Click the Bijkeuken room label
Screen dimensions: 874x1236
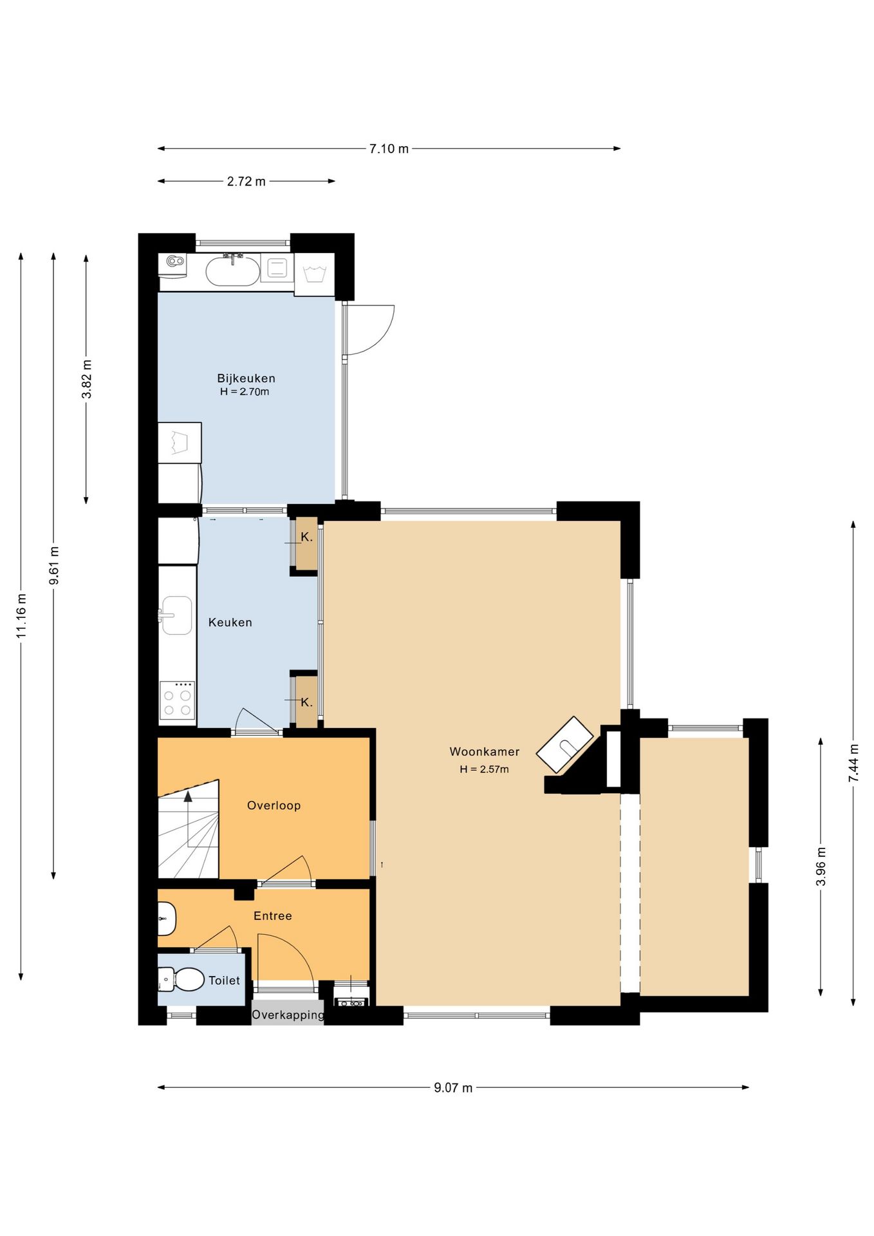[246, 379]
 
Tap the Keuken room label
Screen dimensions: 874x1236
[230, 623]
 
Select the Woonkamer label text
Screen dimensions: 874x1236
[485, 751]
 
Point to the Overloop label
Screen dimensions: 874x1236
[274, 805]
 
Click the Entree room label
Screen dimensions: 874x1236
[273, 915]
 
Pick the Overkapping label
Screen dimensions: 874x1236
[288, 1015]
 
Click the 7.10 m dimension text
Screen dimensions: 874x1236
[389, 149]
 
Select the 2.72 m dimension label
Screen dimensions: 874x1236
[246, 182]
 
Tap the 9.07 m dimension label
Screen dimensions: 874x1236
[453, 1088]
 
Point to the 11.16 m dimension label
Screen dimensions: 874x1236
[21, 615]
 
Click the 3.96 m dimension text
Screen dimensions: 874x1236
[821, 866]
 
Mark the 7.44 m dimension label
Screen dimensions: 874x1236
[853, 763]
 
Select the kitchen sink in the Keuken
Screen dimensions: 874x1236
[176, 615]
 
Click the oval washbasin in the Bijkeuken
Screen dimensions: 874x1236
[232, 271]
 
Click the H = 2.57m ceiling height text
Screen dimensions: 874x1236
[484, 769]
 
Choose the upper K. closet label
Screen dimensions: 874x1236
[307, 537]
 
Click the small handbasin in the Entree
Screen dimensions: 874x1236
[167, 919]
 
